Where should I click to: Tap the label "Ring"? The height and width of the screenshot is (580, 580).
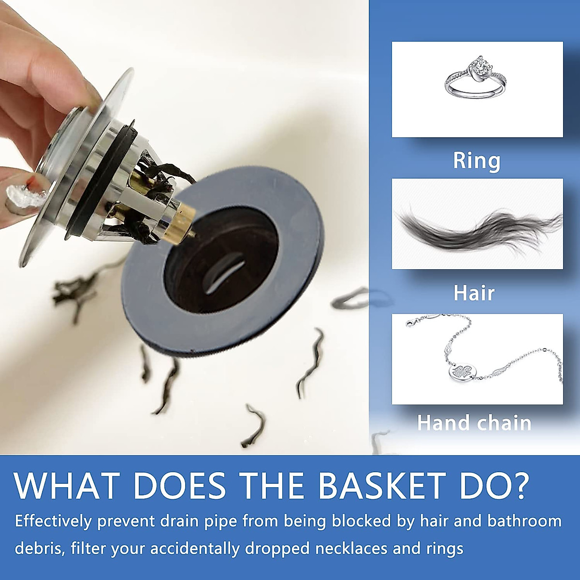pyautogui.click(x=477, y=160)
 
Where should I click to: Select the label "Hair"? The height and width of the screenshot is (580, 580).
pyautogui.click(x=474, y=293)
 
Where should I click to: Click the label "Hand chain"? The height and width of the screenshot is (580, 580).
pyautogui.click(x=474, y=423)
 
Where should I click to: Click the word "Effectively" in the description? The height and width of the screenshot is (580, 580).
pyautogui.click(x=53, y=521)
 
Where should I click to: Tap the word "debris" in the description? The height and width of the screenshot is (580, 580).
pyautogui.click(x=39, y=549)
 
